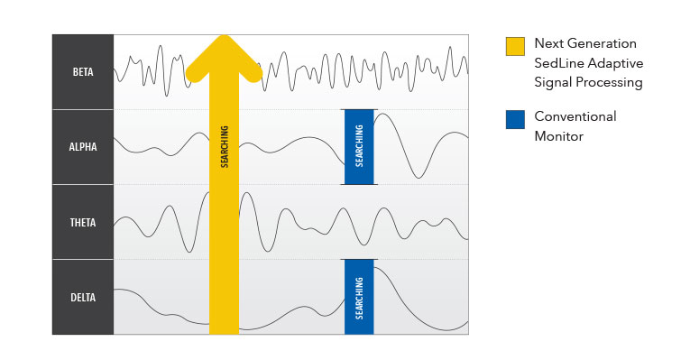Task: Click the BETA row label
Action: [83, 71]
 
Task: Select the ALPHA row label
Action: [83, 146]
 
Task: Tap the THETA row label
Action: [83, 222]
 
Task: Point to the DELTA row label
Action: [83, 297]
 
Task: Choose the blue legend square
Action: [515, 119]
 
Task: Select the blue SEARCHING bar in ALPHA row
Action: [358, 146]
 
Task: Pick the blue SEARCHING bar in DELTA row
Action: [358, 297]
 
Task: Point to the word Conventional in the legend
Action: [575, 116]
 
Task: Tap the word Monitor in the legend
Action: [559, 136]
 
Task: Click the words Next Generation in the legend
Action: [585, 43]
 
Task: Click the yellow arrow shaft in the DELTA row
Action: [224, 297]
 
